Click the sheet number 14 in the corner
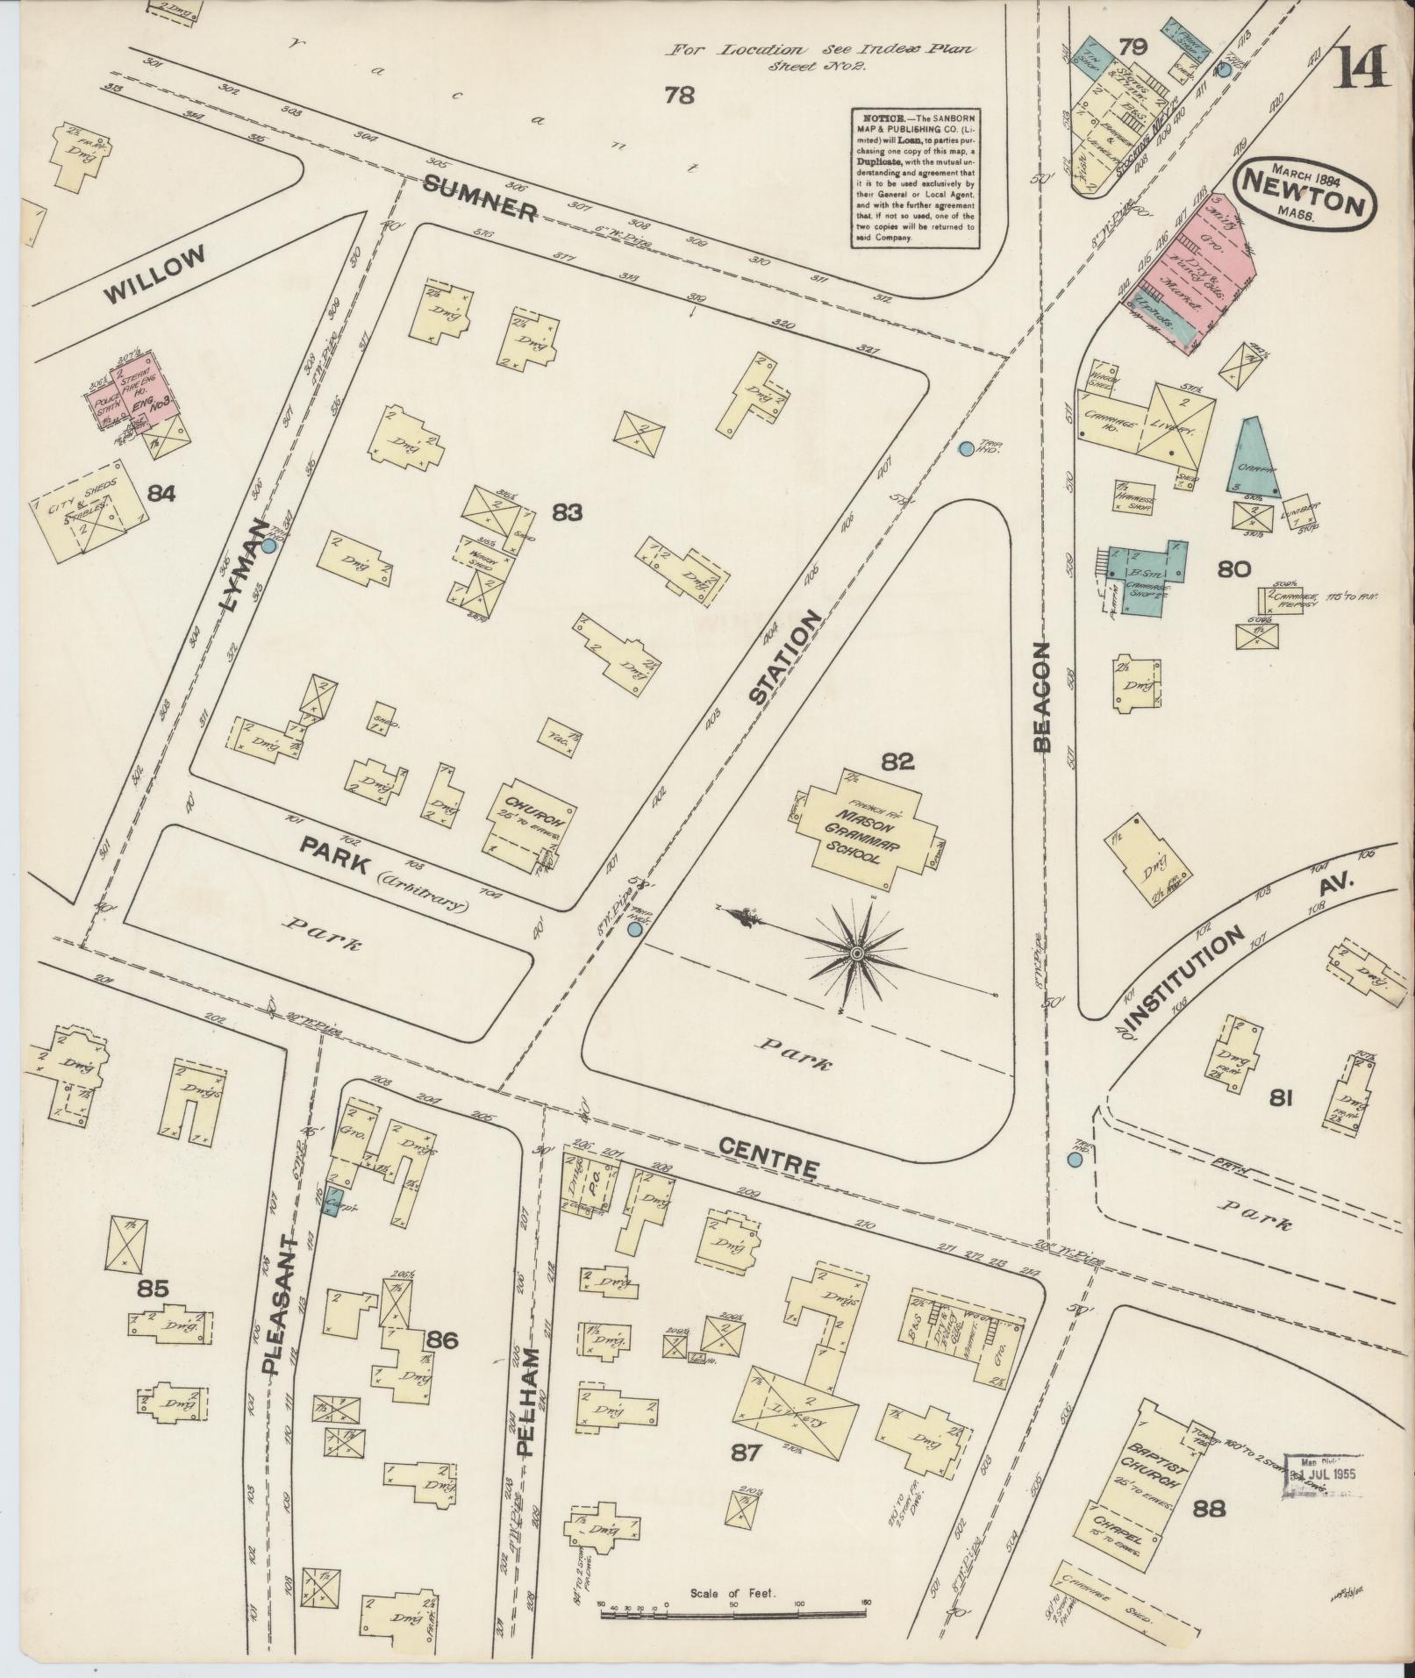pyautogui.click(x=1362, y=68)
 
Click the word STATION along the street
pyautogui.click(x=787, y=658)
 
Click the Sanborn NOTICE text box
pyautogui.click(x=918, y=176)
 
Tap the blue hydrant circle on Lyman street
pyautogui.click(x=269, y=545)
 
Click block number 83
pyautogui.click(x=568, y=511)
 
